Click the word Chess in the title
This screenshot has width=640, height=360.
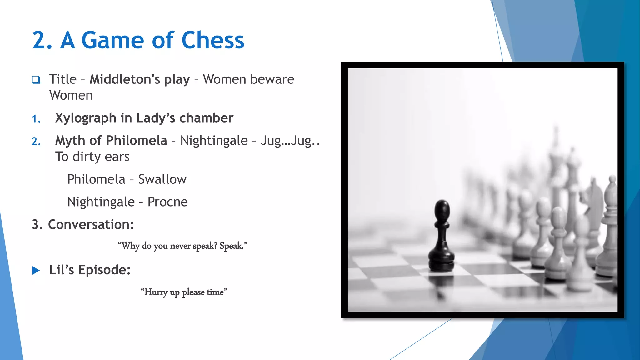click(212, 41)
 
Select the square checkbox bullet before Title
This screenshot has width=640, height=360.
click(36, 80)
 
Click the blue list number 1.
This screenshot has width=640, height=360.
click(36, 119)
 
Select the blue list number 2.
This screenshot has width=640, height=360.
click(36, 142)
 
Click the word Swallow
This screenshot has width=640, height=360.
click(162, 179)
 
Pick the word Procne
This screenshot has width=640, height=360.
click(167, 202)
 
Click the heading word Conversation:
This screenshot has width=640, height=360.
click(91, 225)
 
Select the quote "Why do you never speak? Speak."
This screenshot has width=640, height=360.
click(182, 246)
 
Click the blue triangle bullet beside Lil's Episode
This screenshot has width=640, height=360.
click(36, 270)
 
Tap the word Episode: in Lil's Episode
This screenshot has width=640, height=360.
click(104, 270)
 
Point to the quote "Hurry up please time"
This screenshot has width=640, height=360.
click(184, 292)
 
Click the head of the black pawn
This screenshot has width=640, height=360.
click(442, 210)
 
